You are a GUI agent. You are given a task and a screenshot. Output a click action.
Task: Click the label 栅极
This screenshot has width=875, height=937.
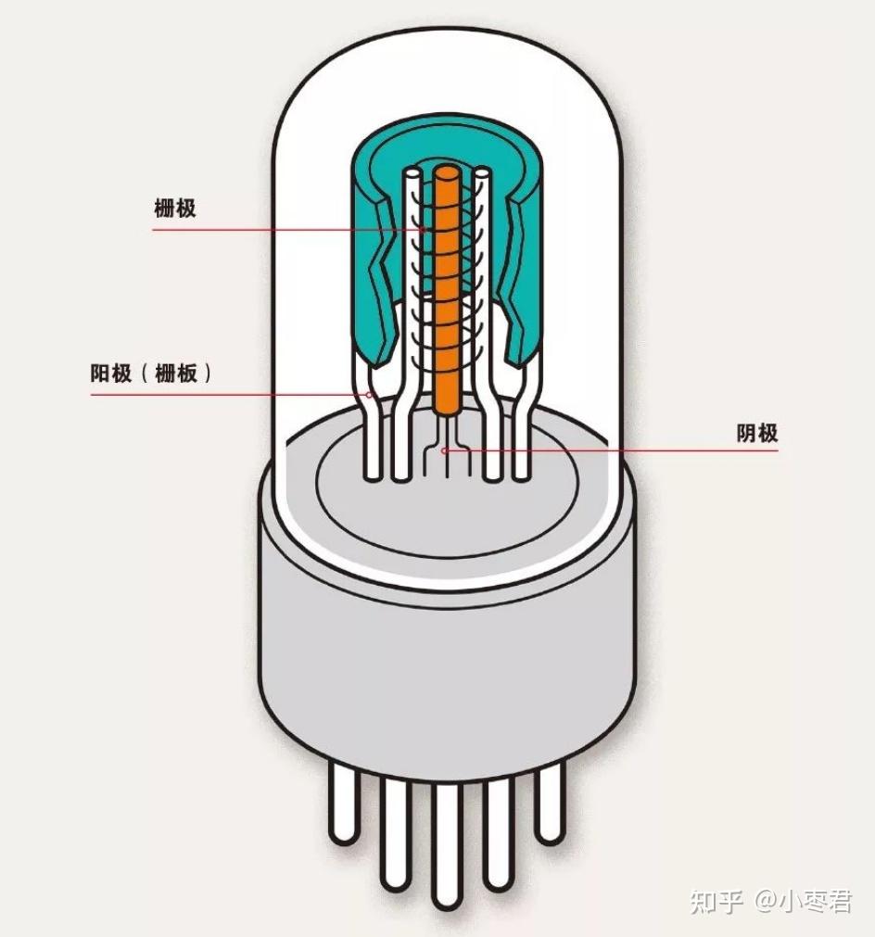[174, 208]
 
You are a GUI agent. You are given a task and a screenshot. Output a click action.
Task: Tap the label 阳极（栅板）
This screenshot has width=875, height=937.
[152, 374]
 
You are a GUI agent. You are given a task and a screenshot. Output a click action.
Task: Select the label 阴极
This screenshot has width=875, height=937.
[757, 433]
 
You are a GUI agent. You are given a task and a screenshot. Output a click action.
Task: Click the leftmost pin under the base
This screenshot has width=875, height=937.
[344, 806]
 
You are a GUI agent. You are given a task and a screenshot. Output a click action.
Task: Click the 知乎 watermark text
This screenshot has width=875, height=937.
[716, 900]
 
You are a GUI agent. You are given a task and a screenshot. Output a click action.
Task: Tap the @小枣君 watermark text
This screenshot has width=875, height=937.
[803, 900]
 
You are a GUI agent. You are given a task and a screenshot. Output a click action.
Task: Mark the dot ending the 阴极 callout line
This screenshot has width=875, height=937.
[445, 451]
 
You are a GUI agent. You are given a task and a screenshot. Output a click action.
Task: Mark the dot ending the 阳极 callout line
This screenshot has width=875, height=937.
[370, 395]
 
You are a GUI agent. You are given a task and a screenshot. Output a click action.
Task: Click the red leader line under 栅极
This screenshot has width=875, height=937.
[278, 230]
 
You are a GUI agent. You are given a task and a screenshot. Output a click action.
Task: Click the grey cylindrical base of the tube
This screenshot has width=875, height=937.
[445, 649]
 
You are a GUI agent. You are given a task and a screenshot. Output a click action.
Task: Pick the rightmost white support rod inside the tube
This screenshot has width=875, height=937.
[525, 436]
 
